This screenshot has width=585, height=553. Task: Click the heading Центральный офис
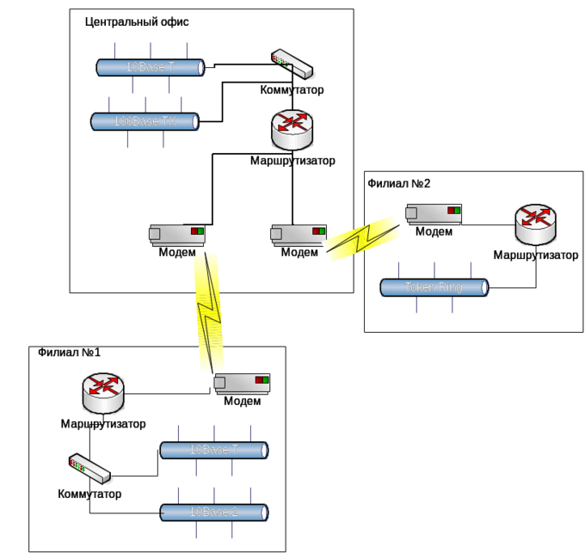click(139, 22)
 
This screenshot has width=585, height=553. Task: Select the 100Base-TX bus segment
click(145, 122)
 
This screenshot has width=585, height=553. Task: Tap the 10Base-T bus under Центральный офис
click(151, 66)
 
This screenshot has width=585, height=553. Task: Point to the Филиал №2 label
click(398, 184)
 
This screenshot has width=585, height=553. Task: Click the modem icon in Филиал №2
click(434, 213)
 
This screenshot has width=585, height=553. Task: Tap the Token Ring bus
click(434, 287)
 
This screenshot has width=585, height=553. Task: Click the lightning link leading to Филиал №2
click(364, 236)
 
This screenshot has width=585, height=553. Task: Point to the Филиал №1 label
click(70, 353)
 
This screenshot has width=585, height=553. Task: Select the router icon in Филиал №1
click(104, 394)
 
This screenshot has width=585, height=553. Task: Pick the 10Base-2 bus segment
click(214, 512)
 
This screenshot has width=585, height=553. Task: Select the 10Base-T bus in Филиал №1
click(214, 450)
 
